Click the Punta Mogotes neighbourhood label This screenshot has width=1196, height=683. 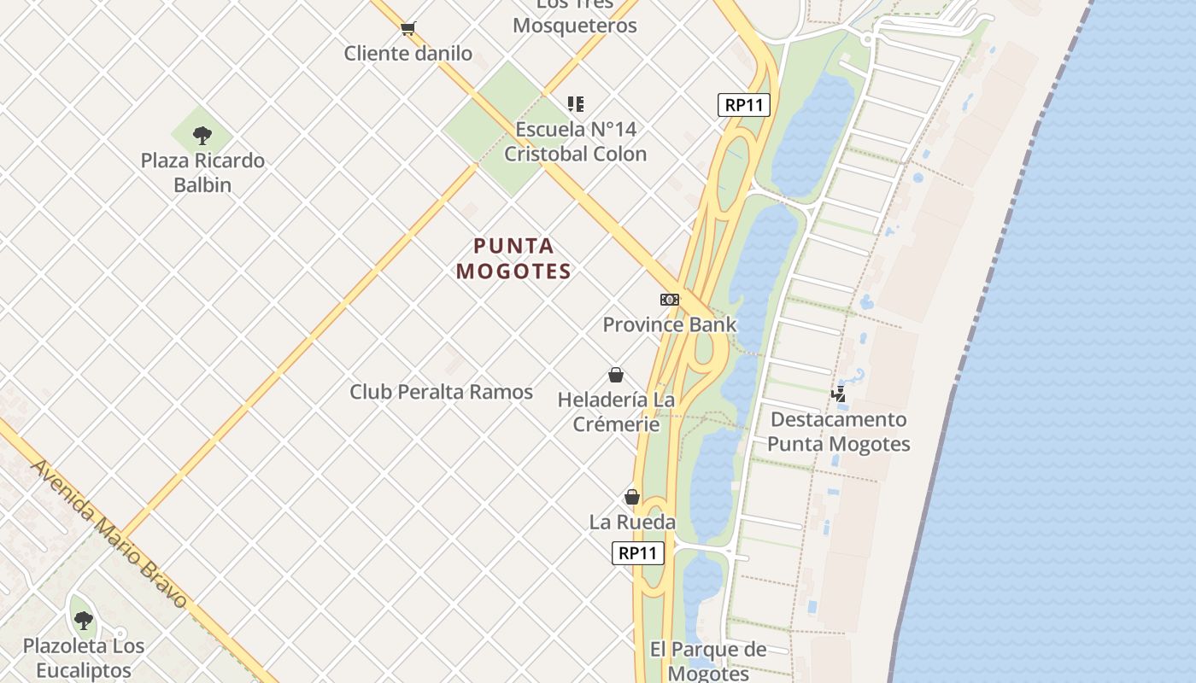pos(513,259)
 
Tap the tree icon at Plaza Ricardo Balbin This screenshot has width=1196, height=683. pos(202,135)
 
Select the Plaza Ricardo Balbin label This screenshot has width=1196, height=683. pos(202,172)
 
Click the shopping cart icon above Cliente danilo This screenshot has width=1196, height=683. pos(407,29)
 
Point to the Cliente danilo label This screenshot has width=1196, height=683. pos(407,54)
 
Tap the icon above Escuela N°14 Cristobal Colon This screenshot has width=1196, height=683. pos(576,104)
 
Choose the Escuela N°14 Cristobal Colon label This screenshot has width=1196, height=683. pos(576,142)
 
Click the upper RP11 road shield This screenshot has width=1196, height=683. pos(744,105)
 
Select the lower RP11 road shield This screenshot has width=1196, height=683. pos(638,553)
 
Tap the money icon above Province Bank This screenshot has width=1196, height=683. pos(670,300)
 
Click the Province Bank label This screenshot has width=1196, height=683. pos(670,324)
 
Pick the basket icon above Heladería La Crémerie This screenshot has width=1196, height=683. pos(616,375)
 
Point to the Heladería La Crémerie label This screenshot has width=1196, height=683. pos(616,412)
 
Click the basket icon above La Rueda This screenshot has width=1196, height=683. pos(632,497)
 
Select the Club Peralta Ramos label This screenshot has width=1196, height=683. pos(441,392)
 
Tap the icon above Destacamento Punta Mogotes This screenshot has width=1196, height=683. pos(839,394)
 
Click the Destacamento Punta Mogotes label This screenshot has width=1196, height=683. pos(838,431)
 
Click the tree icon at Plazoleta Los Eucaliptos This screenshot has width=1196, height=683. pos(83,621)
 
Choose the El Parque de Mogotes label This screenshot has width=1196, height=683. pos(708,661)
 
